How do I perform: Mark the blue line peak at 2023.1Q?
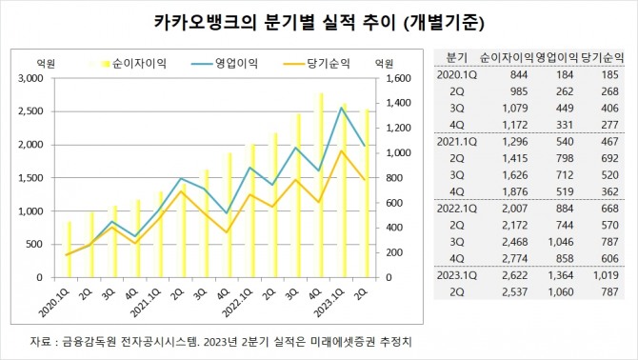[x=341, y=108]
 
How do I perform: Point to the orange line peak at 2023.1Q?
[x=341, y=150]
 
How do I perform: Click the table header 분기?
[x=456, y=56]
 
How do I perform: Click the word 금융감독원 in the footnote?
[x=88, y=341]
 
